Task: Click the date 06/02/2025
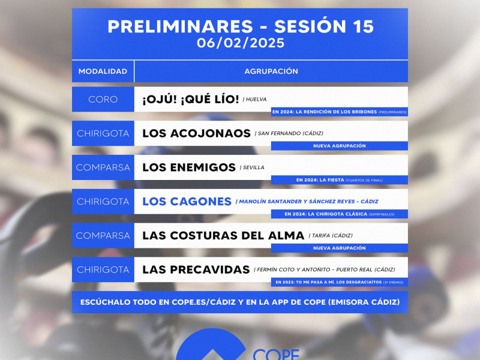(240, 43)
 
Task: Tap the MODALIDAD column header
(103, 71)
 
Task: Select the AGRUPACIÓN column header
(271, 71)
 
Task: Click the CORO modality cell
(103, 99)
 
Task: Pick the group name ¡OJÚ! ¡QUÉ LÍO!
(190, 99)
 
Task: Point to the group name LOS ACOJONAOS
(196, 133)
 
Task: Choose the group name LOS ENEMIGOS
(189, 167)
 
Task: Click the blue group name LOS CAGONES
(187, 202)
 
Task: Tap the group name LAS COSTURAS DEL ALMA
(223, 236)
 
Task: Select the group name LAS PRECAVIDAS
(196, 270)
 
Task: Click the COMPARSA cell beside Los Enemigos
(103, 167)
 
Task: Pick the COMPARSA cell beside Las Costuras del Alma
(103, 236)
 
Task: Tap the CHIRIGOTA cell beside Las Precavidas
(103, 270)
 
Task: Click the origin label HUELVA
(255, 100)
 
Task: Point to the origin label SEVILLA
(251, 168)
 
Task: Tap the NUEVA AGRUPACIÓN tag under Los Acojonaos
(339, 146)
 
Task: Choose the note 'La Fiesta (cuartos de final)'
(339, 180)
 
